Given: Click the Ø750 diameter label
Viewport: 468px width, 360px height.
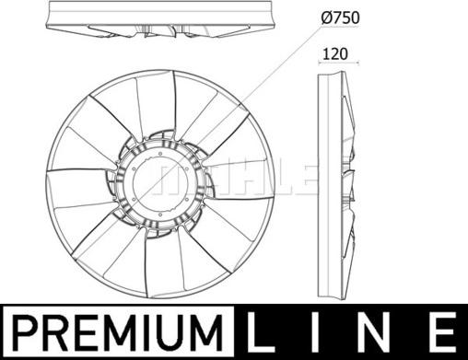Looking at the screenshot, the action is click(340, 17).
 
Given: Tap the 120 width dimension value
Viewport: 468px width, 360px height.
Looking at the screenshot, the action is click(335, 54).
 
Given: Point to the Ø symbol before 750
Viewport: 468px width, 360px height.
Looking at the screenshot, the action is click(327, 17).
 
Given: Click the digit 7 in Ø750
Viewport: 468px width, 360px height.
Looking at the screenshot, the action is click(337, 17).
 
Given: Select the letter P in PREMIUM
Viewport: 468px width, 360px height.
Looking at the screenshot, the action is click(23, 332).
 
